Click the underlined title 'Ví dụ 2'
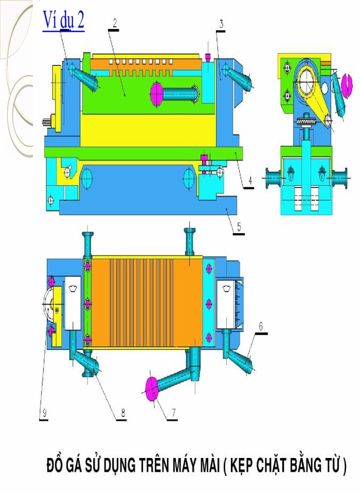click(64, 22)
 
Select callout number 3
click(221, 24)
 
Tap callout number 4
click(249, 181)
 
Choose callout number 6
click(261, 326)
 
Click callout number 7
click(173, 412)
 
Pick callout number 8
click(122, 412)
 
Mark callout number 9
click(45, 412)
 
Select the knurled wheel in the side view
click(305, 121)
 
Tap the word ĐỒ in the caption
click(55, 466)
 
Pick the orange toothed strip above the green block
click(139, 66)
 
